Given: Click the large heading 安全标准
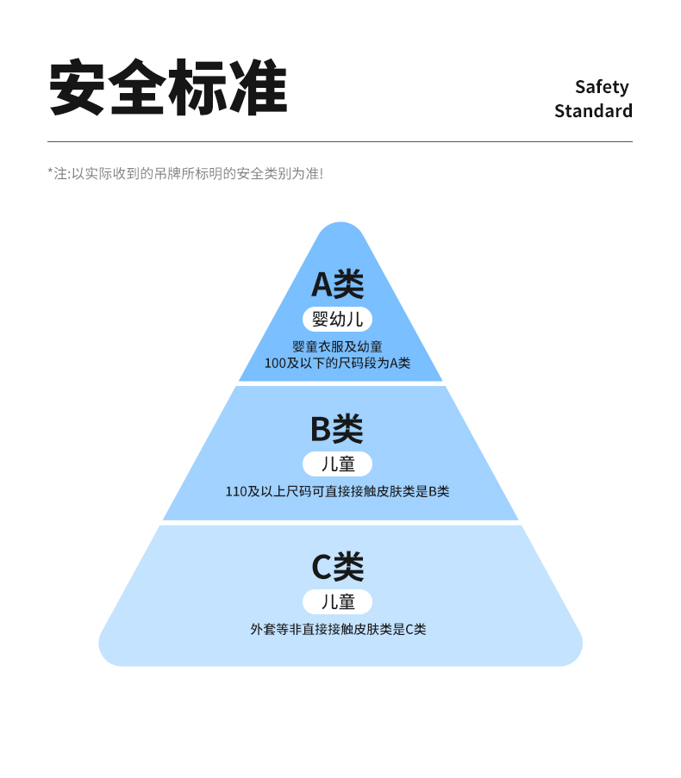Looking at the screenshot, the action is coord(167,88).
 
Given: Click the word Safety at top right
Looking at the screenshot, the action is coord(602,87).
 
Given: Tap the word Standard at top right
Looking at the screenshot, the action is coord(593,111).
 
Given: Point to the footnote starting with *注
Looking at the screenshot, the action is coord(184,173).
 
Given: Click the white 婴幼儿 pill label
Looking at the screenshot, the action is coord(337,320).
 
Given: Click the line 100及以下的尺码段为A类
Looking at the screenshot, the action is coord(337,363).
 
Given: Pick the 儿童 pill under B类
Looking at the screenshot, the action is coord(337,464).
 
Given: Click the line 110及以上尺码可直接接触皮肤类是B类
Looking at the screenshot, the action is coord(337,492).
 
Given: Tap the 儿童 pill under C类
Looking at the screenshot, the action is coord(337,601).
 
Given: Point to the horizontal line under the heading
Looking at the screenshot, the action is coord(340,141).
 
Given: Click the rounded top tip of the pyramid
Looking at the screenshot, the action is coord(340,230).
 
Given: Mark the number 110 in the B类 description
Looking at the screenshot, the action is coord(235,492).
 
